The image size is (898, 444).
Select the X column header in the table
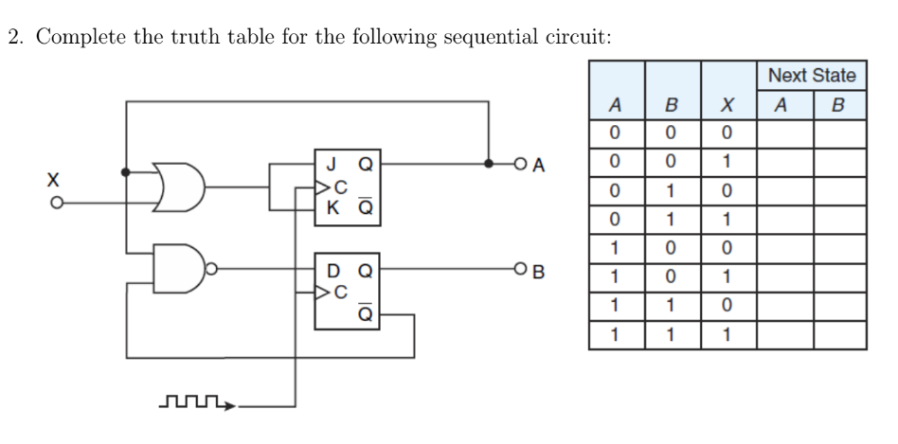[x=727, y=104]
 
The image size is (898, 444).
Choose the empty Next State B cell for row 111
[x=839, y=335]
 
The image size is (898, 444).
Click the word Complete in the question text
[x=69, y=37]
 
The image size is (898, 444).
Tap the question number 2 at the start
[x=13, y=37]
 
